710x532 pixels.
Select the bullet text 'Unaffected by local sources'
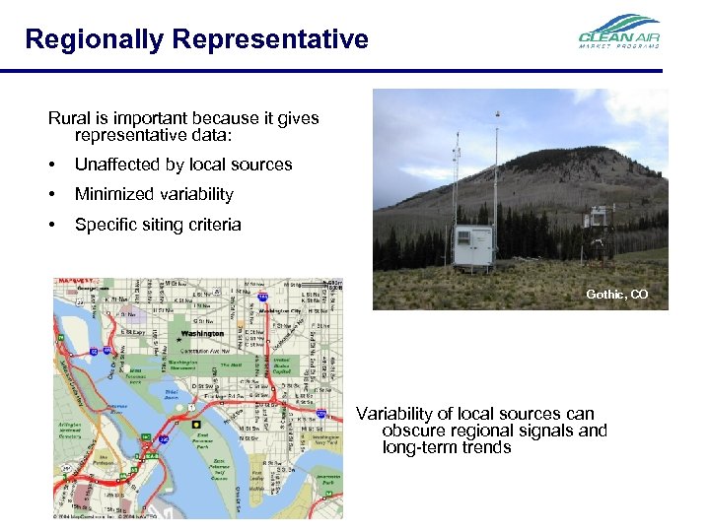[183, 165]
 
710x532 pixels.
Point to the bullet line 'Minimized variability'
[154, 194]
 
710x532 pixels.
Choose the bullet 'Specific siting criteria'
[158, 225]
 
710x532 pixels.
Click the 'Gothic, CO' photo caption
[616, 295]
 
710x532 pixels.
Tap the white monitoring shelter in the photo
[474, 247]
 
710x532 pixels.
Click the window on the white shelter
[463, 239]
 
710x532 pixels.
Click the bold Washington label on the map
[202, 334]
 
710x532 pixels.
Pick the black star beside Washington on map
[178, 338]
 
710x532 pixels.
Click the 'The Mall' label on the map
[231, 365]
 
